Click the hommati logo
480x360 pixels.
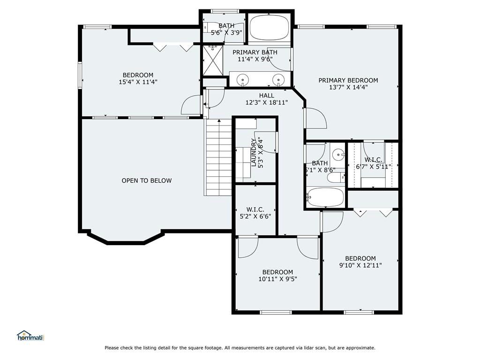[x=30, y=336]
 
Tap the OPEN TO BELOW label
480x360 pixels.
[x=147, y=180]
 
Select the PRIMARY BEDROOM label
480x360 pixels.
[x=348, y=80]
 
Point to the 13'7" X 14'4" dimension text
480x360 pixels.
[x=348, y=87]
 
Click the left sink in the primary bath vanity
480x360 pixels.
[x=242, y=79]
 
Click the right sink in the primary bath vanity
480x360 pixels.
[x=278, y=79]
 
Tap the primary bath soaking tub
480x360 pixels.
[x=270, y=28]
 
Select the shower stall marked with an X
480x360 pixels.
[x=213, y=60]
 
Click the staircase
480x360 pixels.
[x=218, y=157]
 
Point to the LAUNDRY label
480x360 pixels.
[x=254, y=152]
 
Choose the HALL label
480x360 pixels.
[x=267, y=96]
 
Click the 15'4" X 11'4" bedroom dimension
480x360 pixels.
[x=138, y=82]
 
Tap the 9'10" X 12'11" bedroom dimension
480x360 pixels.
[x=360, y=265]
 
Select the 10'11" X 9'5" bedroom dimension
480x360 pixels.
[x=277, y=279]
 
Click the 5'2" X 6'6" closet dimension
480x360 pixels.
[x=255, y=217]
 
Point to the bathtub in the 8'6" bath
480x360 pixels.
[x=325, y=197]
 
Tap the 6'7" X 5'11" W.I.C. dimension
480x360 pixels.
[x=374, y=167]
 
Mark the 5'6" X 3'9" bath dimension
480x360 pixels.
[x=226, y=32]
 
